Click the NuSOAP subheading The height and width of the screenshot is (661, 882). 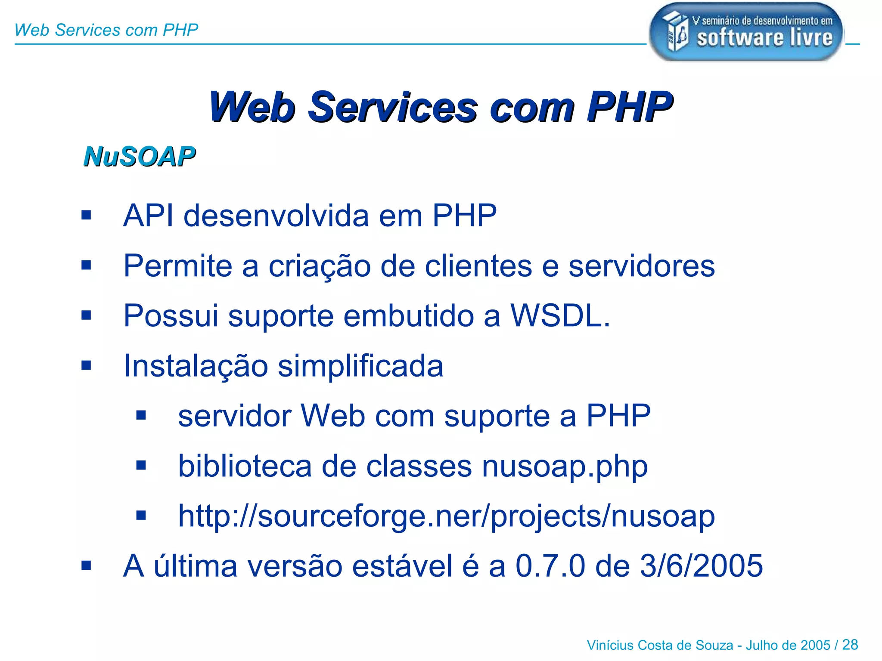[x=140, y=157]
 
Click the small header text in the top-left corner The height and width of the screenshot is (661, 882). [x=106, y=30]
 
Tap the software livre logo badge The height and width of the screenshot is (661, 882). [x=746, y=32]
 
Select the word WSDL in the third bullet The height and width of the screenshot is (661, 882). [x=559, y=316]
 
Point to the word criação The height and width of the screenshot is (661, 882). [x=320, y=266]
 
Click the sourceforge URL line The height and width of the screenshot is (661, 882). [x=446, y=516]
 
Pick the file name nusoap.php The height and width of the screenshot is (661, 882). [x=565, y=466]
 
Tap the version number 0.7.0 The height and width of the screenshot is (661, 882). [x=550, y=566]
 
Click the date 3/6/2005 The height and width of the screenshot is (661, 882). [x=702, y=566]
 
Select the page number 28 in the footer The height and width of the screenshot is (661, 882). [x=850, y=645]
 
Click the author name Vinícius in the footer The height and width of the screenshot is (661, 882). [x=610, y=646]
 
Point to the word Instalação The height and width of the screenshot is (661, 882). [x=196, y=366]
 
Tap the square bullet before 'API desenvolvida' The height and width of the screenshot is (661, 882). [x=86, y=215]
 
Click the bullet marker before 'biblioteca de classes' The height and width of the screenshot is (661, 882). [x=141, y=466]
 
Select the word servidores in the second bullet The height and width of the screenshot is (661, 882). [x=642, y=266]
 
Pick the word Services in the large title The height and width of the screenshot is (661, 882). [x=392, y=108]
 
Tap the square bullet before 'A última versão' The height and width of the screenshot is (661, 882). [x=86, y=565]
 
